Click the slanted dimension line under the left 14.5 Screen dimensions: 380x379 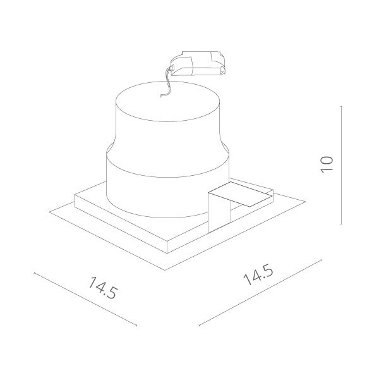pos(85,299)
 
